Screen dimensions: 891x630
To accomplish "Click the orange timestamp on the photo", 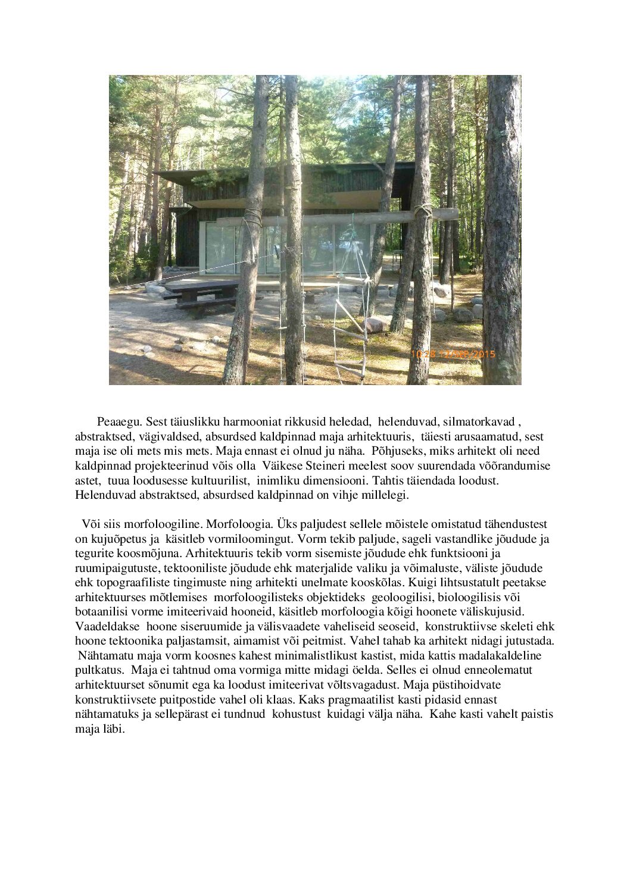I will tap(453, 354).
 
